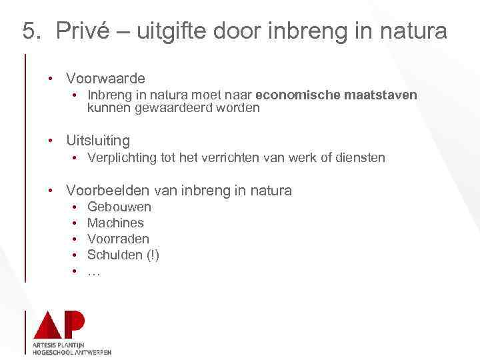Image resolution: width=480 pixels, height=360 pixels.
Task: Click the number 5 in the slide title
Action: coord(29,31)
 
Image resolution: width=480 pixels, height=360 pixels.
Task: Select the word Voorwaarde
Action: coord(105,79)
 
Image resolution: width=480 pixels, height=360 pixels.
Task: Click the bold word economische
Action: coord(297,95)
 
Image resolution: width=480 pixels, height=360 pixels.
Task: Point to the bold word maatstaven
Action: coord(381,95)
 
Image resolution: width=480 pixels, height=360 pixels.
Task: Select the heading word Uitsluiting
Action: coord(98,141)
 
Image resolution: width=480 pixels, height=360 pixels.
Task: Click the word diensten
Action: coord(360,158)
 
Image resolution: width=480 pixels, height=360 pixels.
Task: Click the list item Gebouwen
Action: coord(119,207)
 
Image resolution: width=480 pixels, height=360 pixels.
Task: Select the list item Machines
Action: coord(115,223)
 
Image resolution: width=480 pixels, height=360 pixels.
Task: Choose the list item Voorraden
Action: coord(118,239)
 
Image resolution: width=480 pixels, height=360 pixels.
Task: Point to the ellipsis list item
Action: coord(94,271)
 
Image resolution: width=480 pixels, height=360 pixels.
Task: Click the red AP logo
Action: coord(59,325)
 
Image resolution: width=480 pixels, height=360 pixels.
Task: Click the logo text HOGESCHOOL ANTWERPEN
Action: coord(72,352)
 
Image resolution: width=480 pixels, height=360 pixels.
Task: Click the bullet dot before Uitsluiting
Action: coord(50,141)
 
